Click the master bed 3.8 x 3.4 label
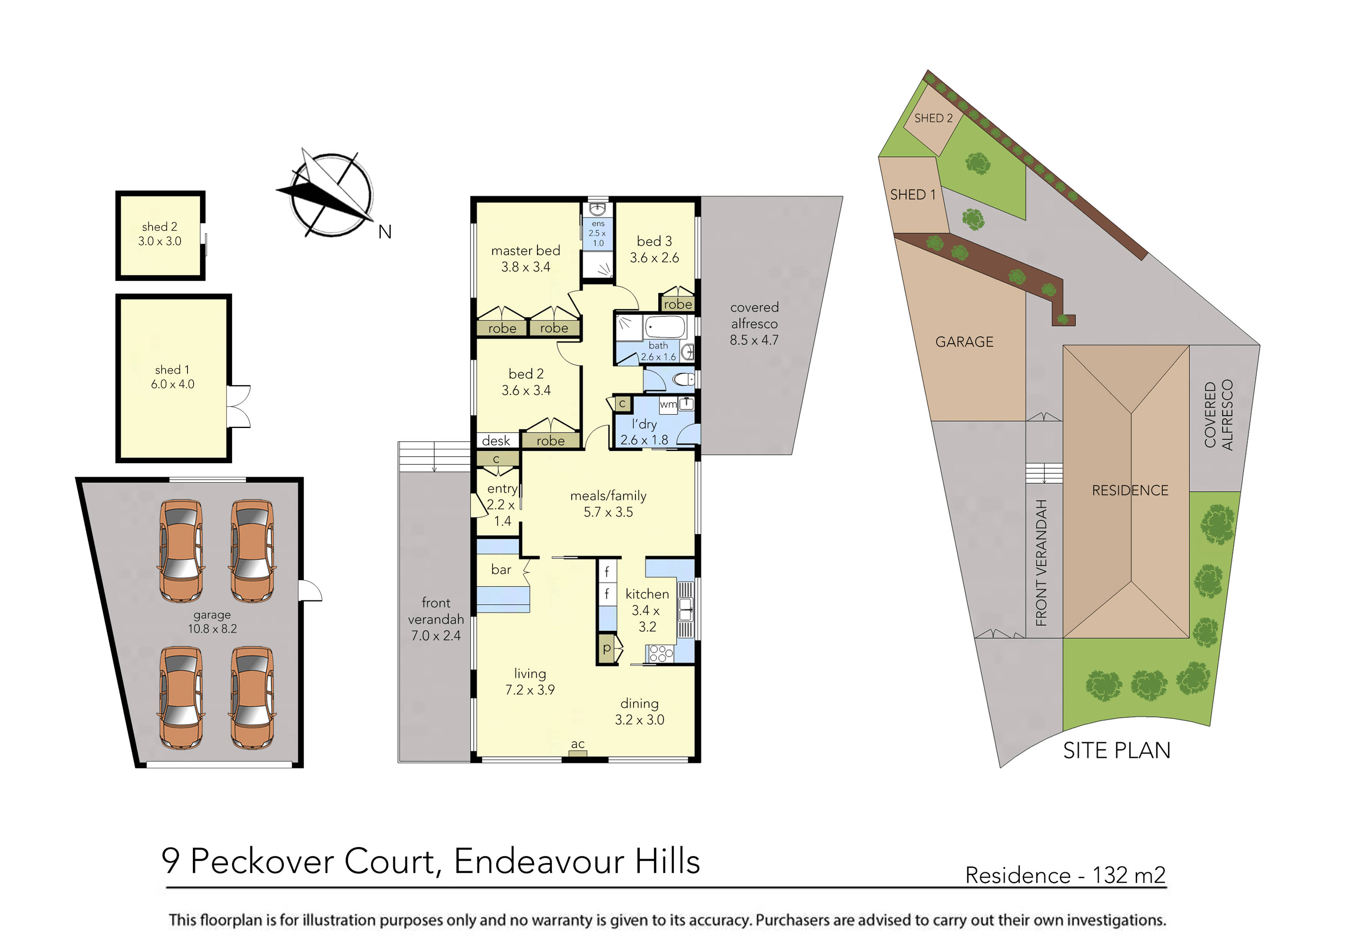point(526,258)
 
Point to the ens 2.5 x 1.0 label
point(597,233)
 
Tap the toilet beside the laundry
point(683,380)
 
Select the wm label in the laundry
point(668,404)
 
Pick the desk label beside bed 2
point(496,441)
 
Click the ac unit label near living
point(577,744)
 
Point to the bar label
point(501,569)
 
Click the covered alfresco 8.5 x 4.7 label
point(754,323)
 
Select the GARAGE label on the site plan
point(964,342)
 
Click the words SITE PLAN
point(1116,750)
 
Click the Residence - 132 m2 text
point(1065,875)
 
